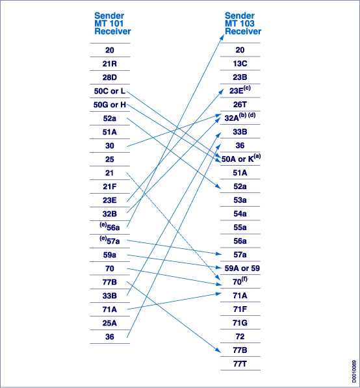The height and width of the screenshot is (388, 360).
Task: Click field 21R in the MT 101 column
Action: coord(110,64)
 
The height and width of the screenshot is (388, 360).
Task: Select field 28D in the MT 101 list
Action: coord(110,77)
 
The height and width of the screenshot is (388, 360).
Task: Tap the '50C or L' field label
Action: coord(110,91)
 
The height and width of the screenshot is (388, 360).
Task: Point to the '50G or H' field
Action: coord(110,105)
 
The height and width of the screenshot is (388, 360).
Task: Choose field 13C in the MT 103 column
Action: coord(240,64)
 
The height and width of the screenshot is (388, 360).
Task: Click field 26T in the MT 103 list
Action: coord(240,105)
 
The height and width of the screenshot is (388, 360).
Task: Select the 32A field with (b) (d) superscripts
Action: coord(240,117)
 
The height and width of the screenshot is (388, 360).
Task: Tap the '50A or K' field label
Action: coord(241,158)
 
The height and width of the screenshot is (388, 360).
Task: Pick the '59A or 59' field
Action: coord(242,268)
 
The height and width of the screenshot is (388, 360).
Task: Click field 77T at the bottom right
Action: coord(240,364)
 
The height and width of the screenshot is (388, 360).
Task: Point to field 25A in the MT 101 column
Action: coord(110,323)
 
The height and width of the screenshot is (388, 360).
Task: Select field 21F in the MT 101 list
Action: coord(110,187)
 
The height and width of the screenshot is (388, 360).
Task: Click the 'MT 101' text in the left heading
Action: coord(109,23)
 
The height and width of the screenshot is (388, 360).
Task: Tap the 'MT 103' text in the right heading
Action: coord(240,23)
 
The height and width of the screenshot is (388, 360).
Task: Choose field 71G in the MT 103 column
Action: coord(240,322)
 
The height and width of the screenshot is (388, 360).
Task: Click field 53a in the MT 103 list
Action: coord(240,200)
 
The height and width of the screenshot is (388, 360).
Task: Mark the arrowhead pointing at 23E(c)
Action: coord(222,91)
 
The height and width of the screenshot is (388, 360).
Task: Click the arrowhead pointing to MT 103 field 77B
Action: coord(218,350)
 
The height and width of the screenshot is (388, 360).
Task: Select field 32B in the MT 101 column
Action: coord(110,214)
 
